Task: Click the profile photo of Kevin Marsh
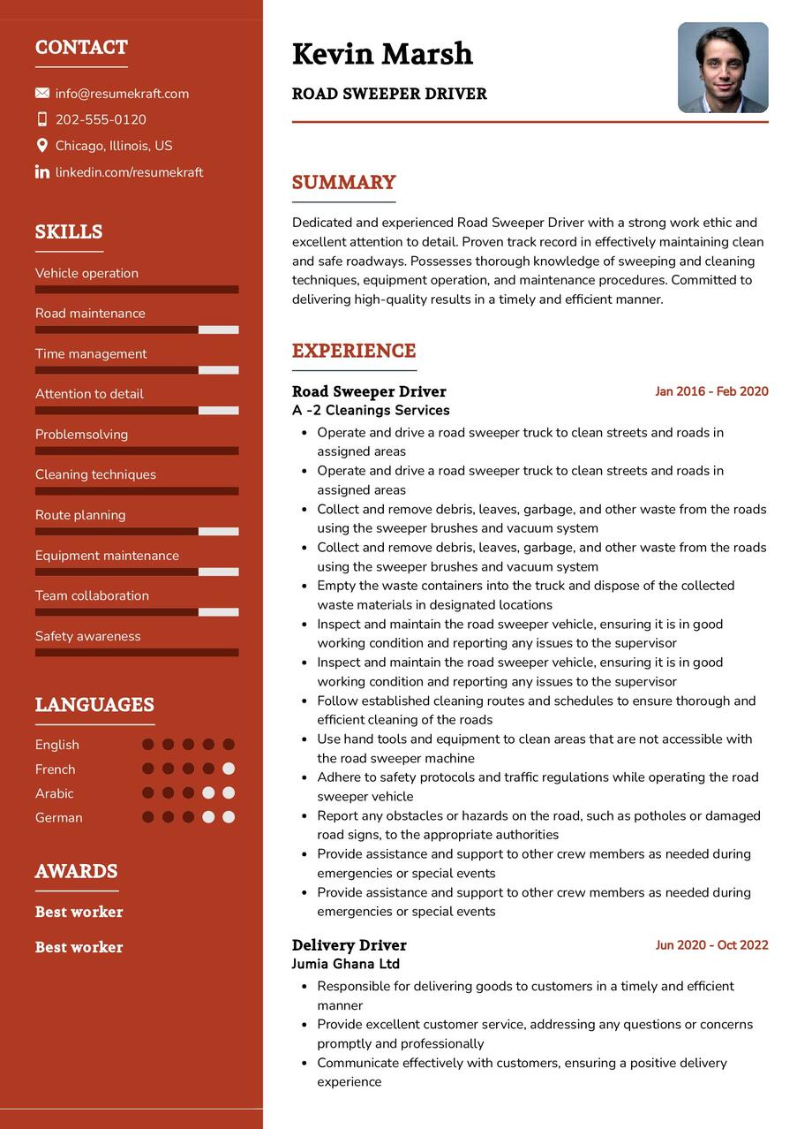pyautogui.click(x=723, y=68)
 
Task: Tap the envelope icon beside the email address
pyautogui.click(x=42, y=94)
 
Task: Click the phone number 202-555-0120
pyautogui.click(x=101, y=120)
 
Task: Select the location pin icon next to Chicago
pyautogui.click(x=42, y=146)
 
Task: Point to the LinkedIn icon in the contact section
pyautogui.click(x=42, y=172)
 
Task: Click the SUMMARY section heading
pyautogui.click(x=343, y=183)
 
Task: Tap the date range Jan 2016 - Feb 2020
pyautogui.click(x=711, y=391)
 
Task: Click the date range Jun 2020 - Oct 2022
pyautogui.click(x=711, y=945)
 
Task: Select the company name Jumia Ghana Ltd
pyautogui.click(x=345, y=965)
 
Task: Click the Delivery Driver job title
pyautogui.click(x=349, y=945)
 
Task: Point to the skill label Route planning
pyautogui.click(x=80, y=515)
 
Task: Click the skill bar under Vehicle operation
pyautogui.click(x=137, y=290)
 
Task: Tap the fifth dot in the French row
pyautogui.click(x=229, y=769)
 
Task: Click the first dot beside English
pyautogui.click(x=148, y=745)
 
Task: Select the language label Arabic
pyautogui.click(x=55, y=793)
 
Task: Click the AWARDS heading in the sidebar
pyautogui.click(x=76, y=871)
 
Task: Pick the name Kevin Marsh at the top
pyautogui.click(x=382, y=55)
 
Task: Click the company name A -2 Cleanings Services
pyautogui.click(x=371, y=411)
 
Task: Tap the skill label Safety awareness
pyautogui.click(x=87, y=636)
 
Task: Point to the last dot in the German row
pyautogui.click(x=229, y=817)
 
